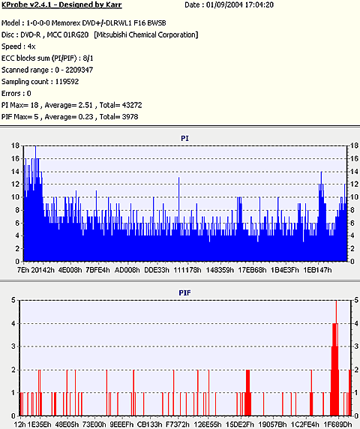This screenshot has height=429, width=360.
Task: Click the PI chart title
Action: pos(184,138)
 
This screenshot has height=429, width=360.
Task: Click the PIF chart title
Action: pos(184,292)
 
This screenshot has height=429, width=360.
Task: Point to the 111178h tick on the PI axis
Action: pos(187,270)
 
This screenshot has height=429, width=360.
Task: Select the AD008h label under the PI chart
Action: pos(127,270)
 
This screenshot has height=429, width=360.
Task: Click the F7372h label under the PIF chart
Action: pos(178,424)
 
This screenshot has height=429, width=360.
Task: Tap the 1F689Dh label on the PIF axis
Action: pos(339,424)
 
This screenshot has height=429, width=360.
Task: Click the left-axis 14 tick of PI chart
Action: pos(15,172)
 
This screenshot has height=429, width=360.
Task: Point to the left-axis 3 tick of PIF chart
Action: pos(13,346)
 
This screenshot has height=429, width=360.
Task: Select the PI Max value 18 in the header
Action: pos(34,105)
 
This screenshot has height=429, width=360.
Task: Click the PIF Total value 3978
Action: pos(131,117)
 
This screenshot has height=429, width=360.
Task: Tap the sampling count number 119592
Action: pos(67,82)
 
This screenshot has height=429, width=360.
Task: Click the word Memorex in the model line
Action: pos(64,23)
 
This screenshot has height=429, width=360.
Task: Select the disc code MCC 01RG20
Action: pos(67,34)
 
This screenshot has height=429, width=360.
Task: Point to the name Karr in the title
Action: pos(114,5)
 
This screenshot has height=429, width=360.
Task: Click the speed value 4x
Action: pos(31,46)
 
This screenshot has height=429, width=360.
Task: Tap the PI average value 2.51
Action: pos(86,105)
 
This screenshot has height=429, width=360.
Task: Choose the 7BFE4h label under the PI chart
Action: pos(97,270)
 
